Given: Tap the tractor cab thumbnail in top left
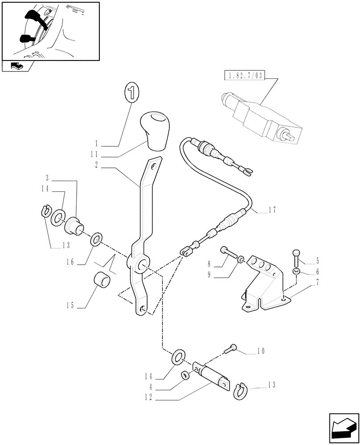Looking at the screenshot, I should pos(50,31).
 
